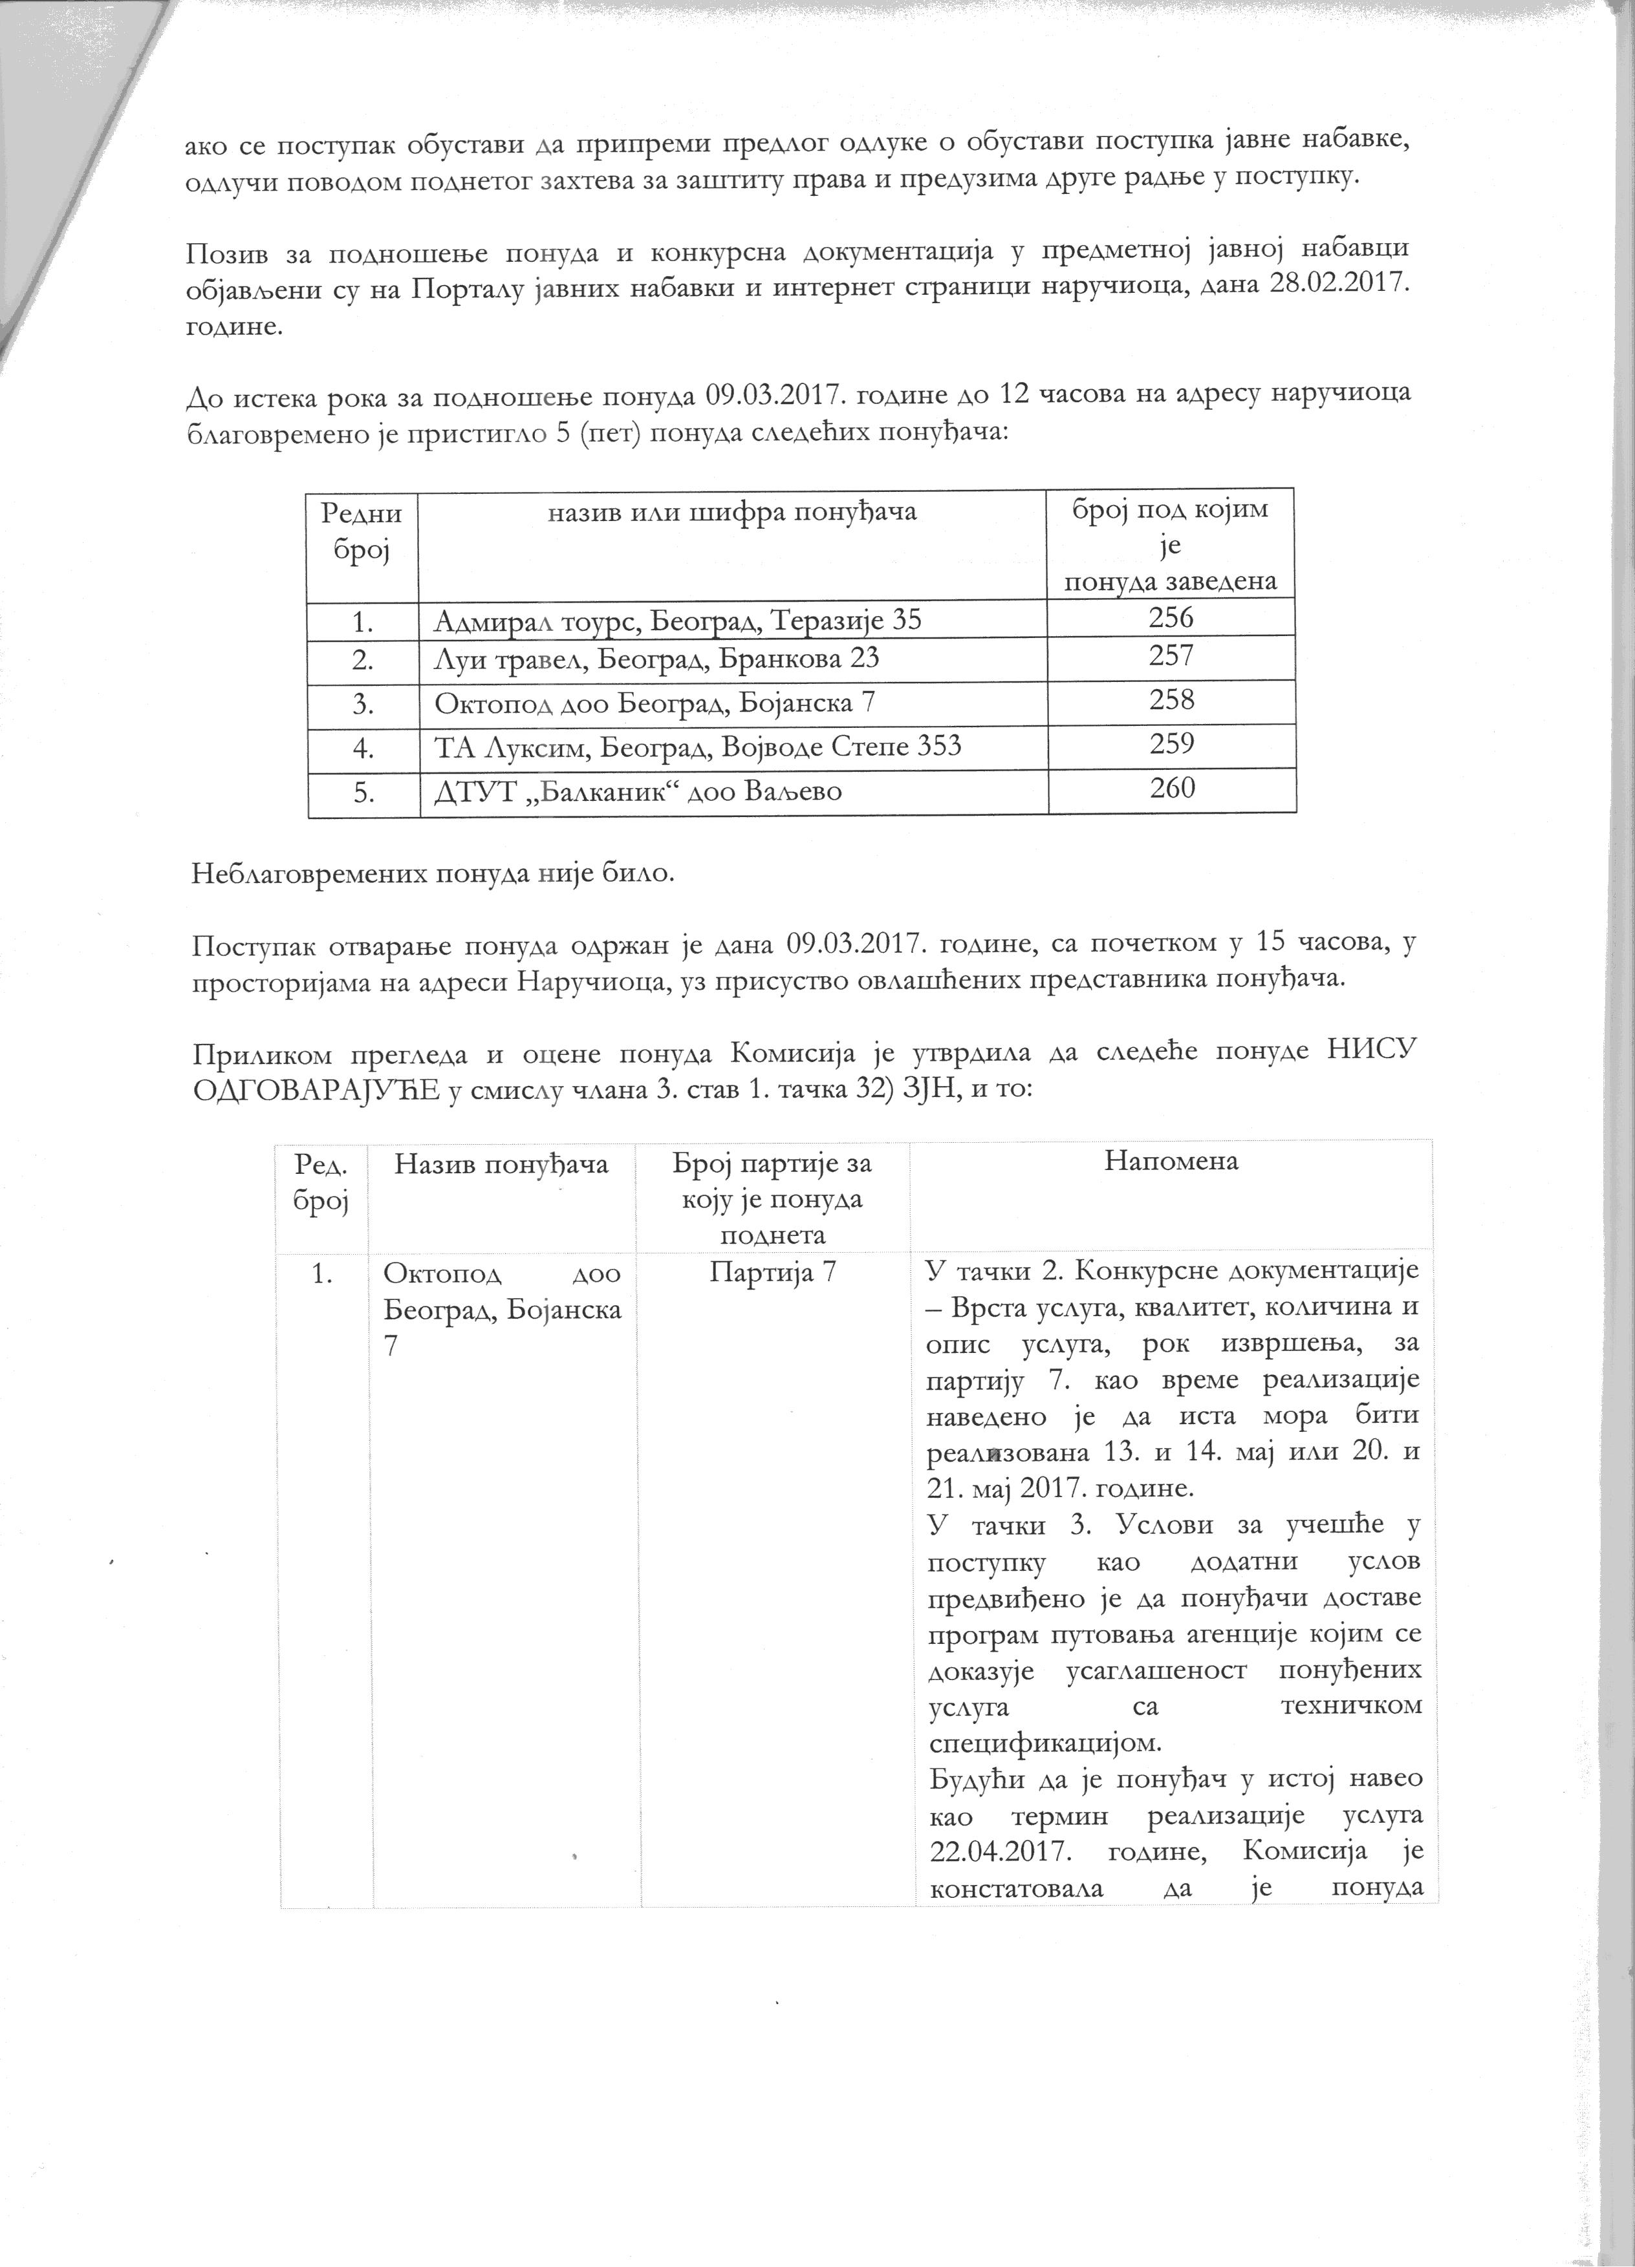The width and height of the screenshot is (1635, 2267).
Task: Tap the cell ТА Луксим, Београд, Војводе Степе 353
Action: (x=698, y=747)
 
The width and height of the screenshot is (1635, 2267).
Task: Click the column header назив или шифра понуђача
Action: (x=732, y=513)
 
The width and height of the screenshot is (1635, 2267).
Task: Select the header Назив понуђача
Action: (x=502, y=1164)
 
